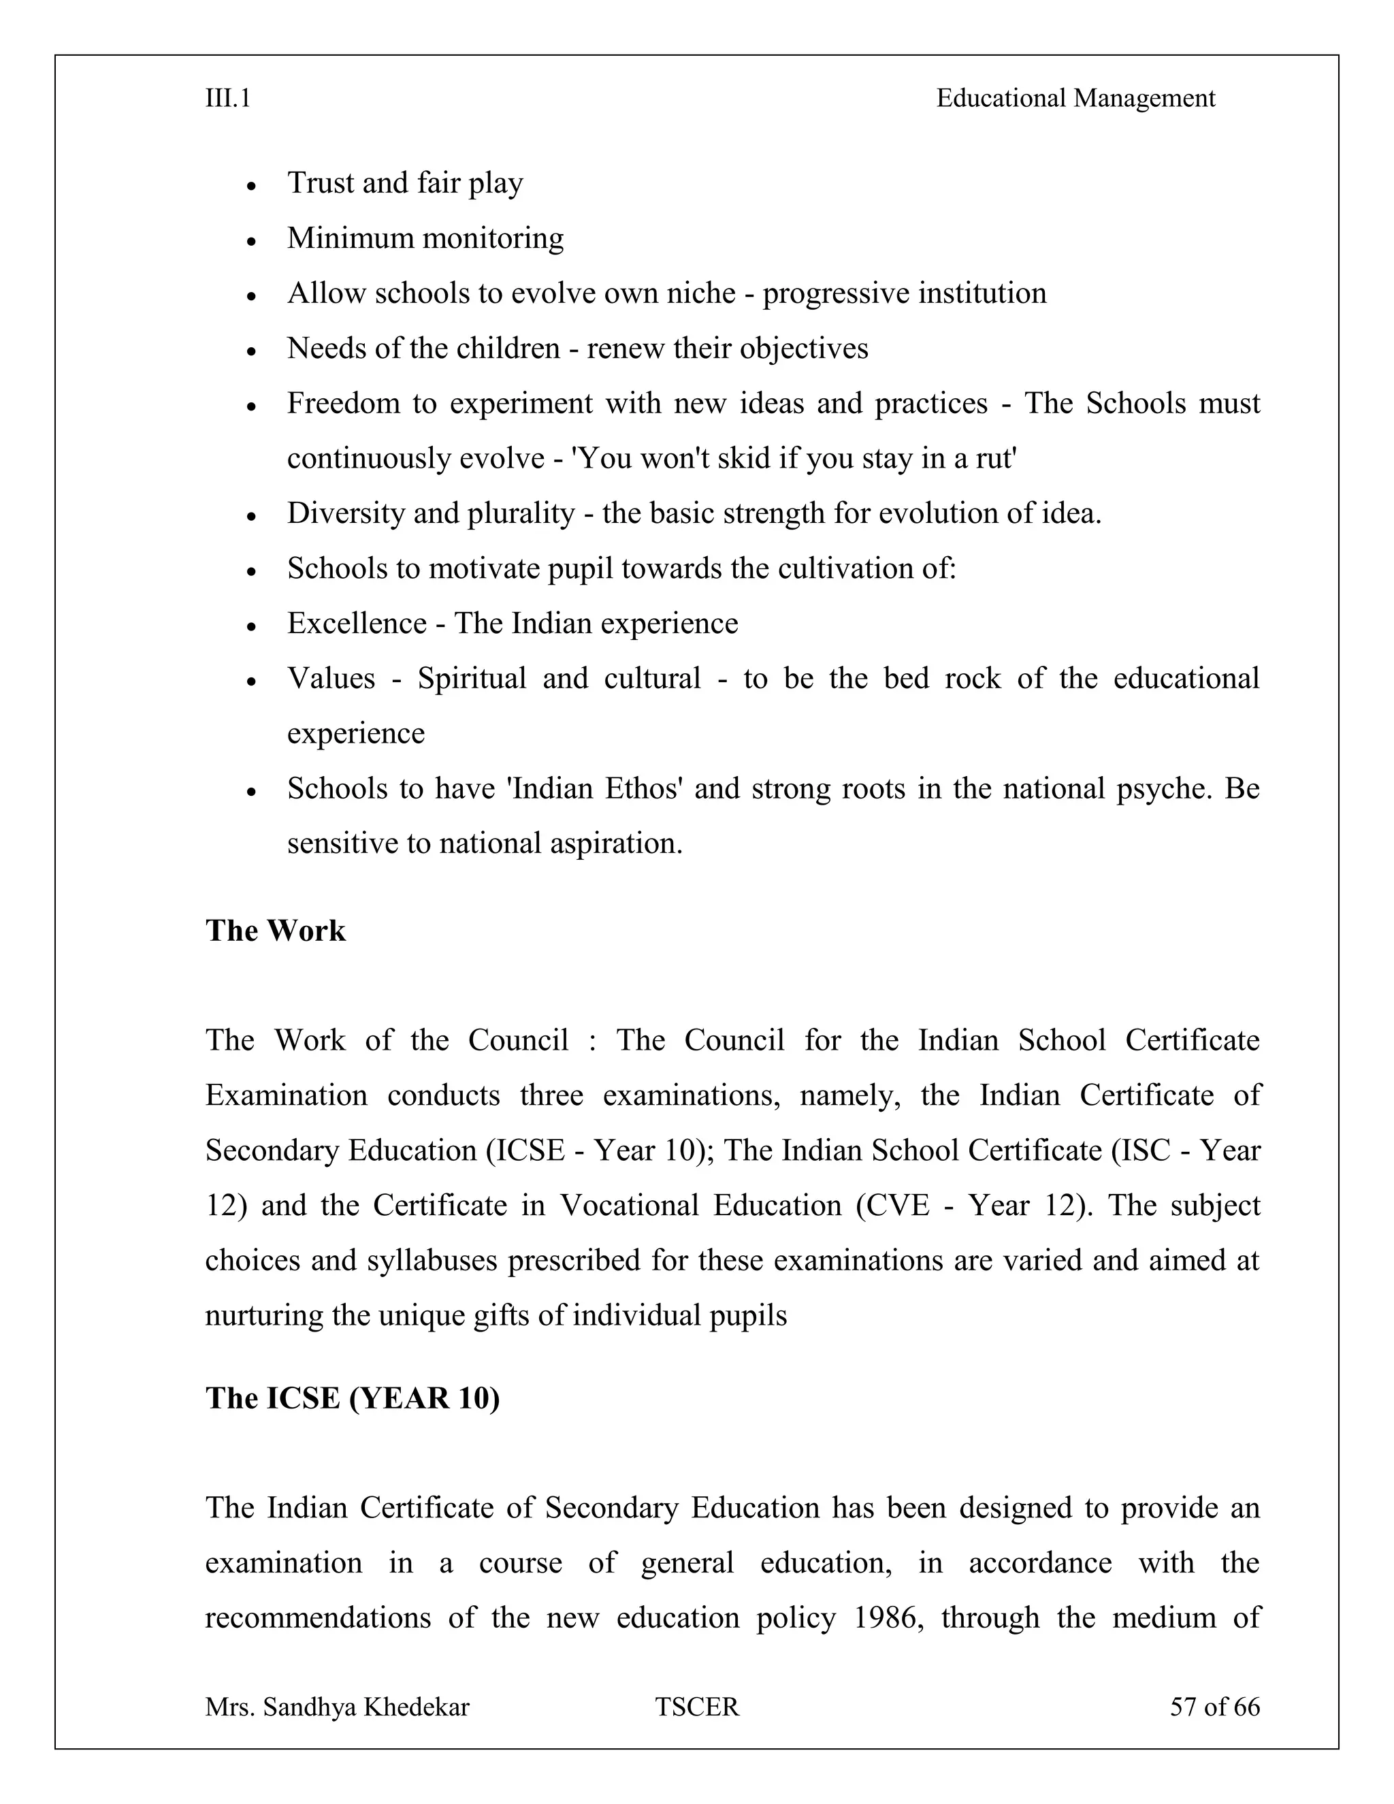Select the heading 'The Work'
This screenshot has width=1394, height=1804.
275,930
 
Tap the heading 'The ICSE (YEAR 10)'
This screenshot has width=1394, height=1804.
353,1398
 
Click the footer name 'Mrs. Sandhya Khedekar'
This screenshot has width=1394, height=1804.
337,1707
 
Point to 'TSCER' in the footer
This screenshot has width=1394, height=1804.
697,1707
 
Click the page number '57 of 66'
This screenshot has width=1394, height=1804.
1214,1707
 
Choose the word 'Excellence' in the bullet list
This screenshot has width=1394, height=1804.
357,623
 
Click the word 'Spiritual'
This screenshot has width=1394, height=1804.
472,678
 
